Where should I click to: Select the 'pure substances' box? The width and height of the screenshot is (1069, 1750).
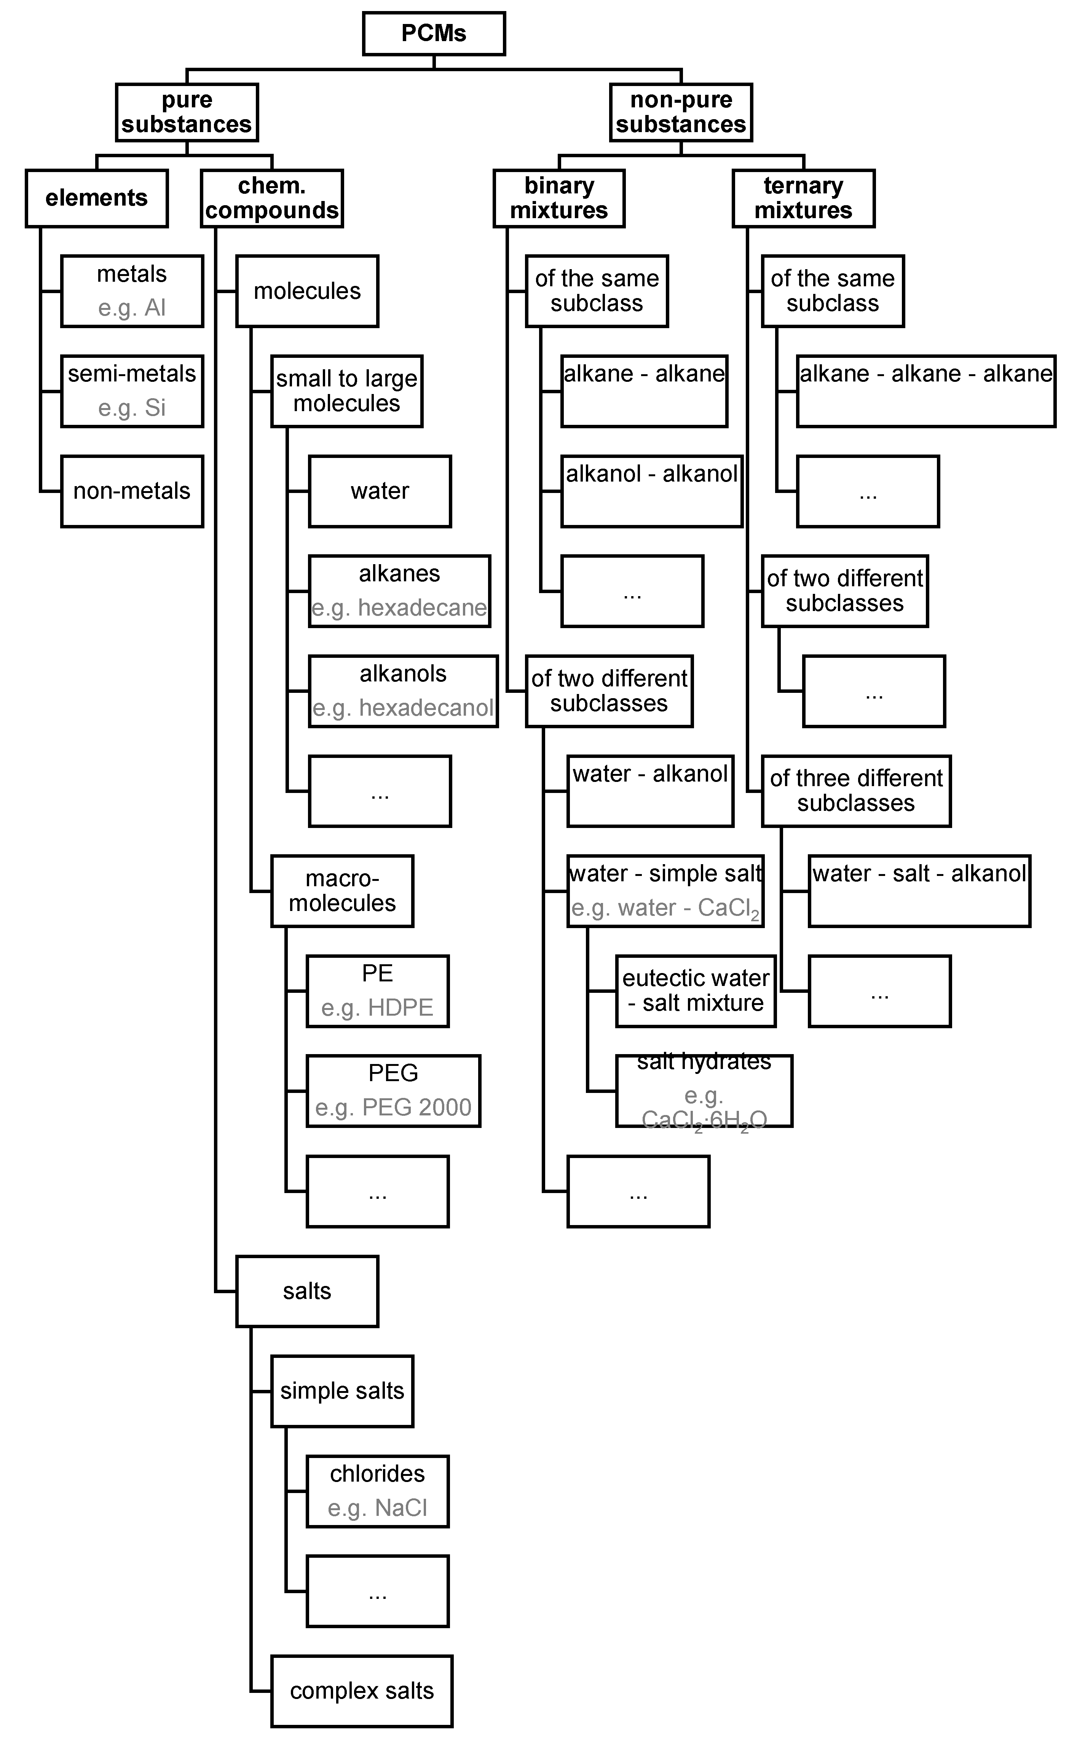187,112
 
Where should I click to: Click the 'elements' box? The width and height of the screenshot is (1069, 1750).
97,198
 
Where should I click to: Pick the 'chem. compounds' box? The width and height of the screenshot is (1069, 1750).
272,198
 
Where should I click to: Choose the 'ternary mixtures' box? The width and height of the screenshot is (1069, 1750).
803,198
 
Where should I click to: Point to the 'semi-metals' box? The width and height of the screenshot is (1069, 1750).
132,391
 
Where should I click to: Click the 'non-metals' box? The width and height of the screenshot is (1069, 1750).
132,491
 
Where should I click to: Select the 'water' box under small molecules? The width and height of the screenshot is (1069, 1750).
380,491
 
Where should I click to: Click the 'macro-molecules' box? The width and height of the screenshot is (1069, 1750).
342,891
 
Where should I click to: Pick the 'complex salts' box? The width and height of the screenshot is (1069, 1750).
362,1691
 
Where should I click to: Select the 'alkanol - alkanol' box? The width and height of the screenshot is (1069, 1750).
651,491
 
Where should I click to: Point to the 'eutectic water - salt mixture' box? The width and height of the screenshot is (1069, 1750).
696,991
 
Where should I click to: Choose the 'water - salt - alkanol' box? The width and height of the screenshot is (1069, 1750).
919,891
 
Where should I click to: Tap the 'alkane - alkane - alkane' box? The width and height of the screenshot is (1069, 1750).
925,391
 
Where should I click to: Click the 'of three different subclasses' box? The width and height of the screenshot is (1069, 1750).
856,790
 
